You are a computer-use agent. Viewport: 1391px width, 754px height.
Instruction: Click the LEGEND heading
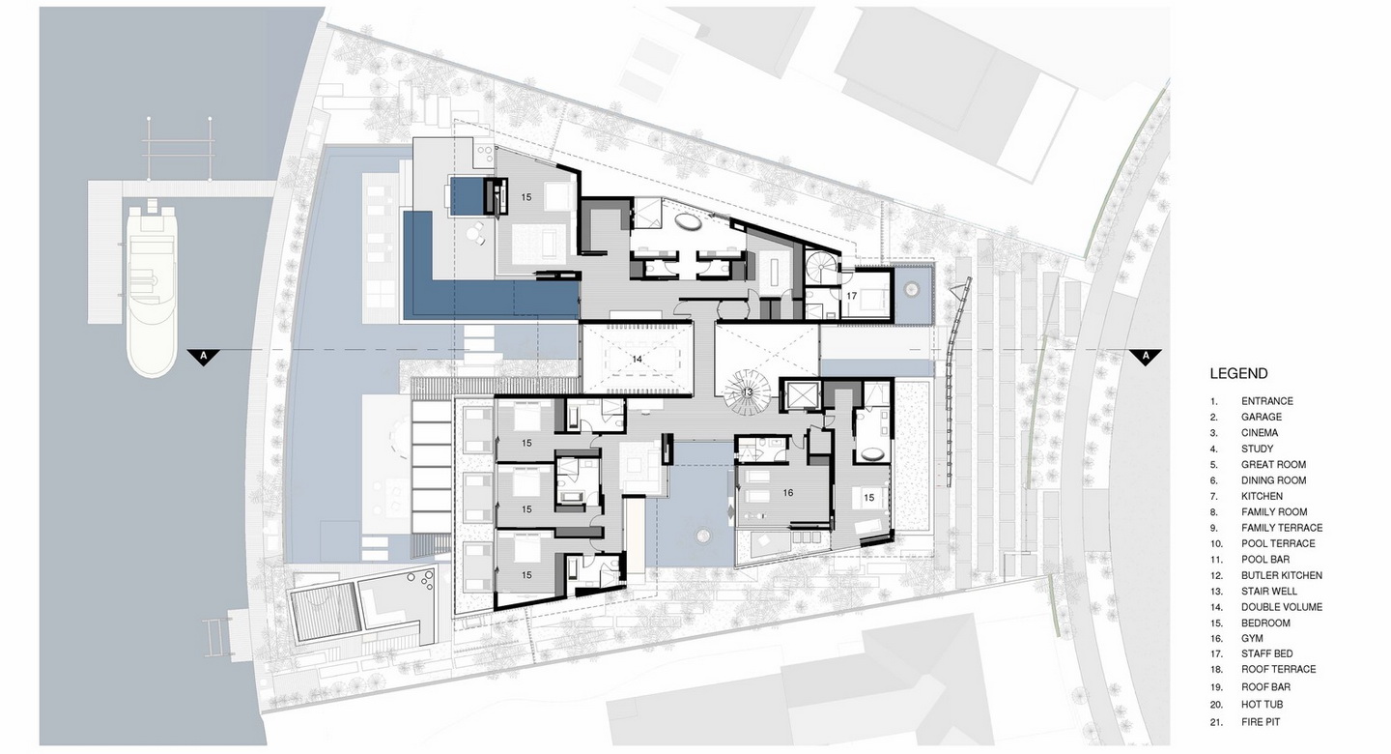[1238, 373]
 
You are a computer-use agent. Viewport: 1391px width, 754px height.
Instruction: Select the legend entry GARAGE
[1262, 417]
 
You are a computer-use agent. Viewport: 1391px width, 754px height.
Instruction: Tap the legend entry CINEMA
[1260, 433]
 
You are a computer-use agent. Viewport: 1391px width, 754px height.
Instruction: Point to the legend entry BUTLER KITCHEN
[1282, 575]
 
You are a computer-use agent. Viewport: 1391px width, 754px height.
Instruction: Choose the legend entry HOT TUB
[1262, 705]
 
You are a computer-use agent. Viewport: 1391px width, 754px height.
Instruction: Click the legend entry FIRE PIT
[1261, 722]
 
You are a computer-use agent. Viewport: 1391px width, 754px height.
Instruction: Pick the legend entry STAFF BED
[1266, 653]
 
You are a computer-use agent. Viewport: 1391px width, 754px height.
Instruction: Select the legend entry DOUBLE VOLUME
[1282, 607]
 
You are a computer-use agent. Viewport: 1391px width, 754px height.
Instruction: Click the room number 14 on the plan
[637, 360]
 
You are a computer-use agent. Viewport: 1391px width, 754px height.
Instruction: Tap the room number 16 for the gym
[788, 493]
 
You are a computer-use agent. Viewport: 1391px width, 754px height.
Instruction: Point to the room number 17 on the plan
[851, 296]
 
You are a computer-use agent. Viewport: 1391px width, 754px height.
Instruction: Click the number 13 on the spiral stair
[747, 392]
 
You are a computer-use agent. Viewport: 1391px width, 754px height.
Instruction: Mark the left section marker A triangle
[203, 357]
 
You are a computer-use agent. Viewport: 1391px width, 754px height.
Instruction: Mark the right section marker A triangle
[1145, 357]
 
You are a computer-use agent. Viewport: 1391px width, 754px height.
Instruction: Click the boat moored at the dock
[152, 289]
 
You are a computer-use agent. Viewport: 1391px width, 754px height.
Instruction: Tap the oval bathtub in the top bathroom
[689, 221]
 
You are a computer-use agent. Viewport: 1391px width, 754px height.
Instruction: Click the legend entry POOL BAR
[1265, 560]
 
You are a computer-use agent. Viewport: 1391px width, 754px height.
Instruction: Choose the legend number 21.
[1216, 722]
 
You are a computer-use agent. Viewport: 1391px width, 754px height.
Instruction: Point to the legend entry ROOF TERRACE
[1279, 670]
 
